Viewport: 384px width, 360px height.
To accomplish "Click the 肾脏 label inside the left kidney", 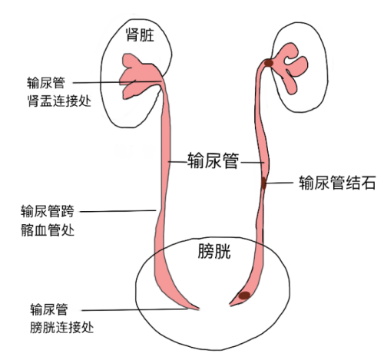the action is pyautogui.click(x=140, y=35).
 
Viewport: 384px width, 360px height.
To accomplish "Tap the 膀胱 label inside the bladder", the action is pyautogui.click(x=214, y=251).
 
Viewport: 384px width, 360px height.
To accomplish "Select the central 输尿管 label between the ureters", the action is pyautogui.click(x=214, y=160).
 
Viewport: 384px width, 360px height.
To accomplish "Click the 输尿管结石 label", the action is pyautogui.click(x=337, y=183).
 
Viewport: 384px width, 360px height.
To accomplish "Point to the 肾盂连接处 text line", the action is pyautogui.click(x=59, y=101).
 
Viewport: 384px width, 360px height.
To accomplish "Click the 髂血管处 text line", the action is pyautogui.click(x=48, y=230).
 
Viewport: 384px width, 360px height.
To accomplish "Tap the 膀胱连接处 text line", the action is pyautogui.click(x=61, y=327).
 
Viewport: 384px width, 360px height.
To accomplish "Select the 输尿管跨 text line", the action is pyautogui.click(x=48, y=211).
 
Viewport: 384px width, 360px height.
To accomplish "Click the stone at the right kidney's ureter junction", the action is pyautogui.click(x=269, y=63).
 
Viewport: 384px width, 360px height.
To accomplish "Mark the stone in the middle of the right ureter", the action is pyautogui.click(x=264, y=183).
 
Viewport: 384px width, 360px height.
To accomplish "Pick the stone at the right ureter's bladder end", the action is pyautogui.click(x=244, y=296).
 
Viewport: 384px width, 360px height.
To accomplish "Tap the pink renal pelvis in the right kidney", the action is pyautogui.click(x=290, y=67).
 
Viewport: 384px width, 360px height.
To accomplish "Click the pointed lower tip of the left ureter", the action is pyautogui.click(x=199, y=309).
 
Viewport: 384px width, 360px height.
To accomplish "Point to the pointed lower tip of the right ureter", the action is pyautogui.click(x=230, y=306).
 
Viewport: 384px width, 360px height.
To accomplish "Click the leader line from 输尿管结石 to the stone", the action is pyautogui.click(x=280, y=183).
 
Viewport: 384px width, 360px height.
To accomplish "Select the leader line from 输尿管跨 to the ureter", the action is pyautogui.click(x=118, y=211).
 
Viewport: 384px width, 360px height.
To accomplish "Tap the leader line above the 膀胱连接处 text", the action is pyautogui.click(x=134, y=310).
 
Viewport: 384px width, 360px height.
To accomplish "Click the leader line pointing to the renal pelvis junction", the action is pyautogui.click(x=117, y=82).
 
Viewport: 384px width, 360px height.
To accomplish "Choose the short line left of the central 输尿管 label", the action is pyautogui.click(x=177, y=162).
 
